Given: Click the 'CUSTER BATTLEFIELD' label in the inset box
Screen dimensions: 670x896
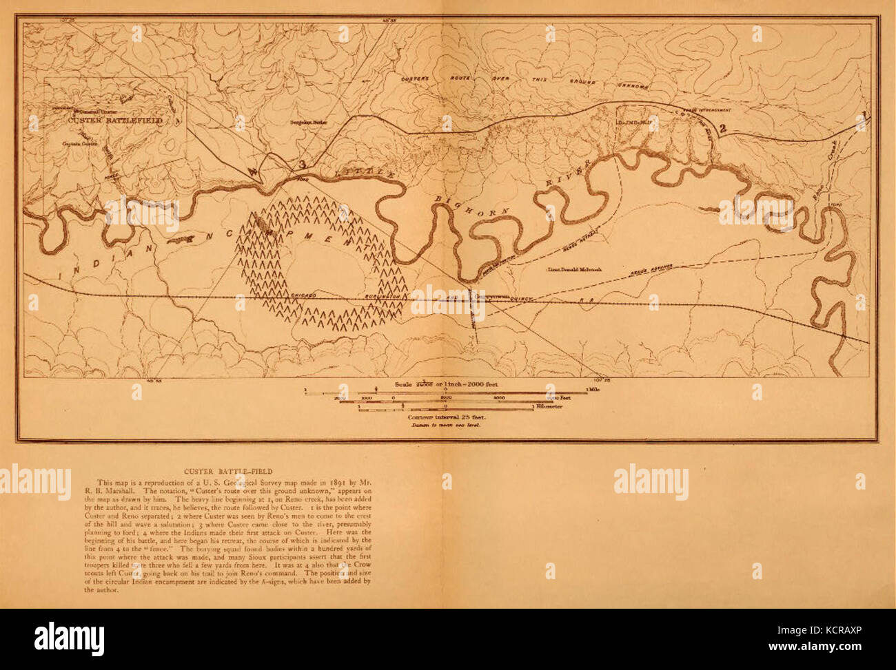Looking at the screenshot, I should click(115, 120).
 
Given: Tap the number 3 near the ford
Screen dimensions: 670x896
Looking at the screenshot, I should click(301, 165).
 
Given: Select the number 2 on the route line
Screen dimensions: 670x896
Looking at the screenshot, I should click(723, 127).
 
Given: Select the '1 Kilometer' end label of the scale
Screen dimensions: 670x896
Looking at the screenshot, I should click(549, 406).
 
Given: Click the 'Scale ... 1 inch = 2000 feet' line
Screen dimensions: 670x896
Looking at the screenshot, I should click(446, 382).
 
